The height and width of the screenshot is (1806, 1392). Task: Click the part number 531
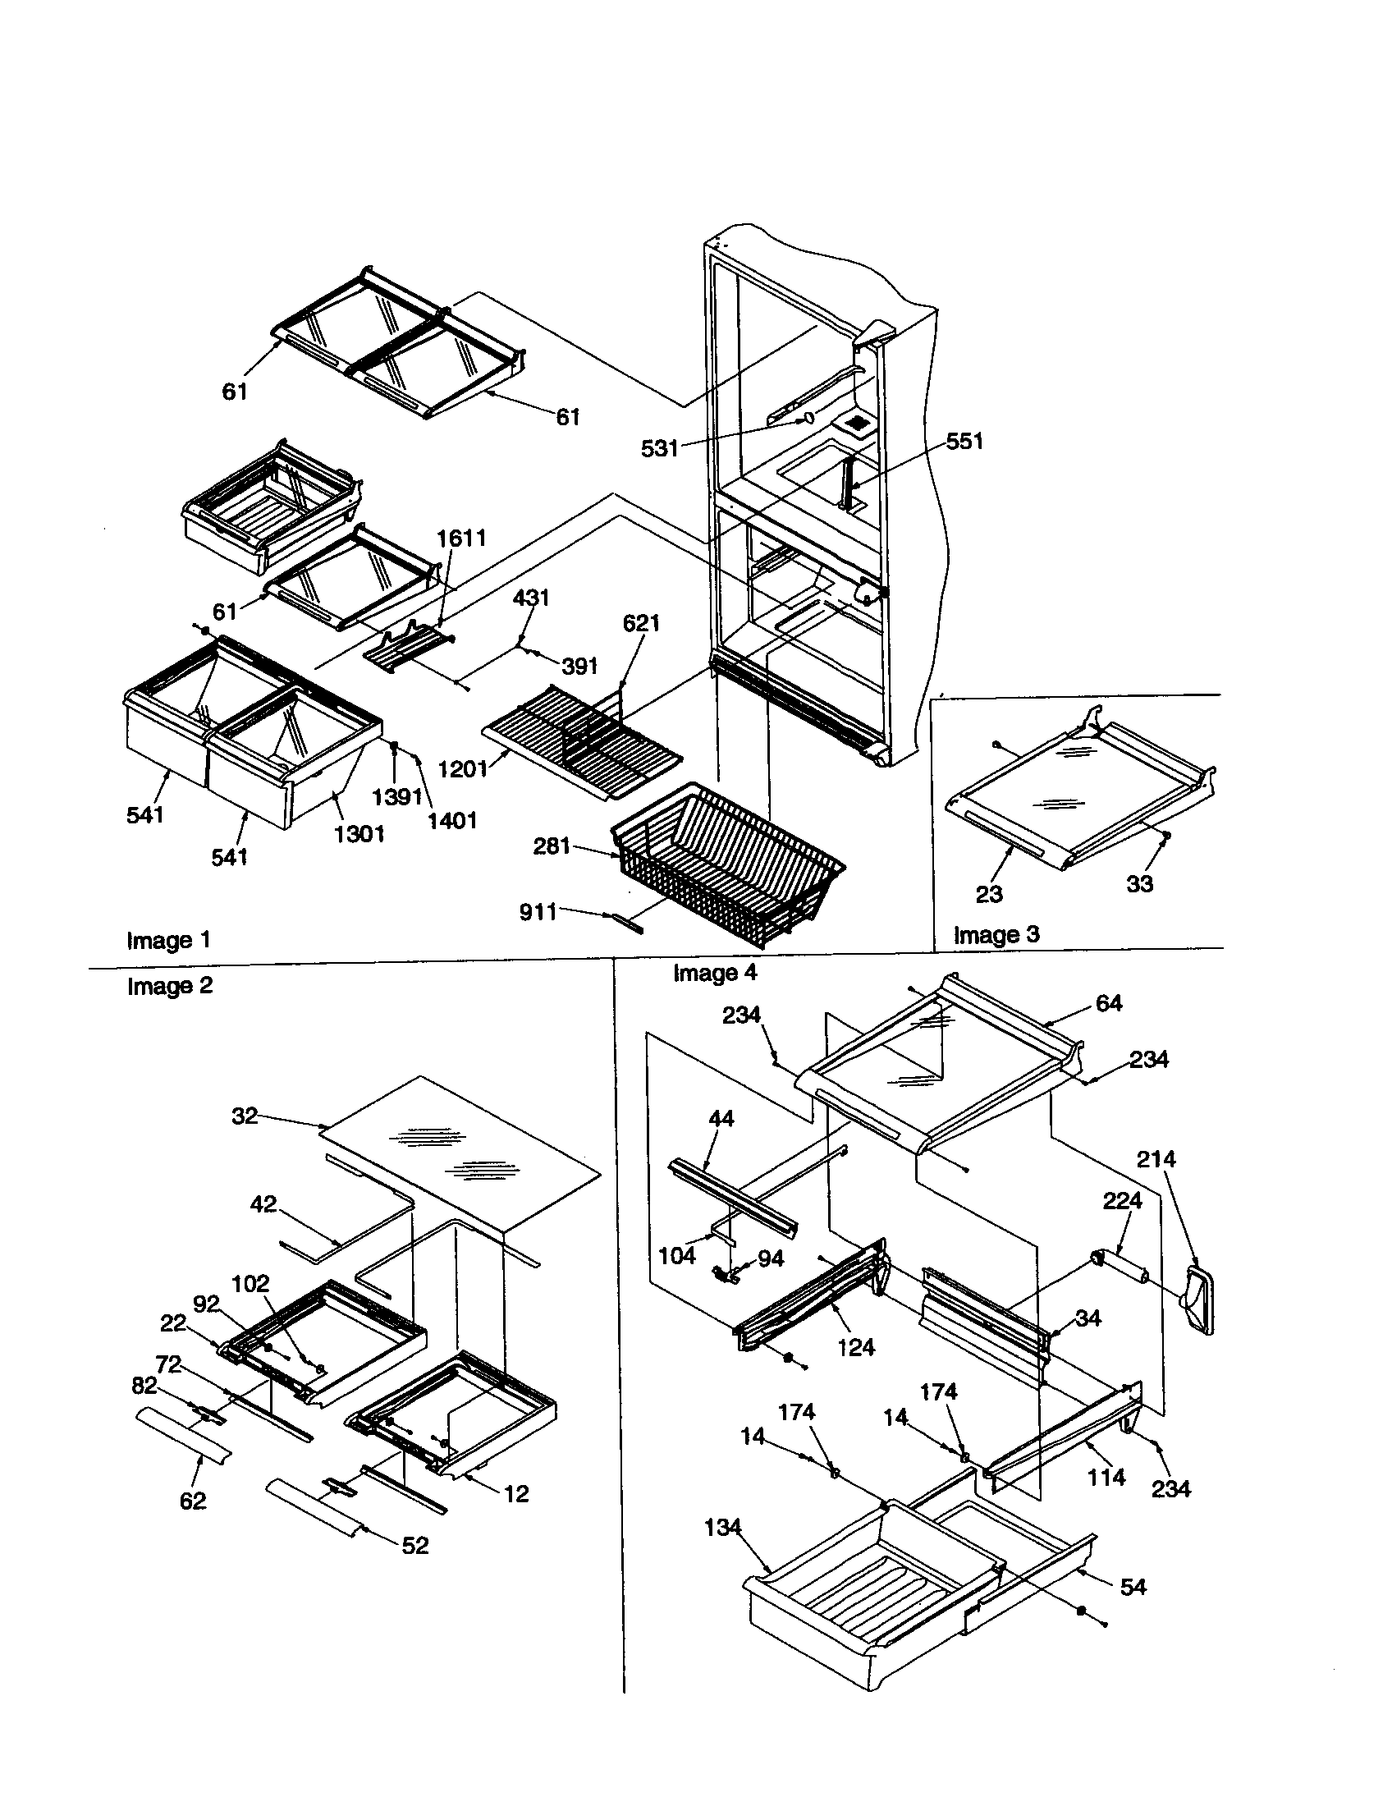click(659, 448)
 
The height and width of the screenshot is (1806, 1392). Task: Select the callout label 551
click(964, 441)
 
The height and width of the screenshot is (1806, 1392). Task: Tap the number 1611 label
click(461, 538)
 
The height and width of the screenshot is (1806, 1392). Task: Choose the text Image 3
click(996, 934)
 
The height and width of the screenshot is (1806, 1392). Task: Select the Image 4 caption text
click(715, 973)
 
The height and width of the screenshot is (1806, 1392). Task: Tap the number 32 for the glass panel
click(245, 1116)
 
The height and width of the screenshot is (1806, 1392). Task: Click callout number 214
click(1156, 1159)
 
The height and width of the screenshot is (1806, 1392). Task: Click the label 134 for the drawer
click(722, 1528)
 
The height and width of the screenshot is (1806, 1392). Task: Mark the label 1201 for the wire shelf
click(462, 769)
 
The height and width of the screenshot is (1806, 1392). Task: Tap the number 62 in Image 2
click(193, 1501)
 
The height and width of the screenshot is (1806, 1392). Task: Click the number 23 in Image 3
click(989, 894)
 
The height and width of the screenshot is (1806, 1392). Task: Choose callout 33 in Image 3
click(1139, 884)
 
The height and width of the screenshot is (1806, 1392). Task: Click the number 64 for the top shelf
click(1109, 1003)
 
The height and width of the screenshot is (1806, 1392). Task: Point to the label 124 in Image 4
click(855, 1348)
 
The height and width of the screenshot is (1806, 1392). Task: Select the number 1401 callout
click(452, 820)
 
